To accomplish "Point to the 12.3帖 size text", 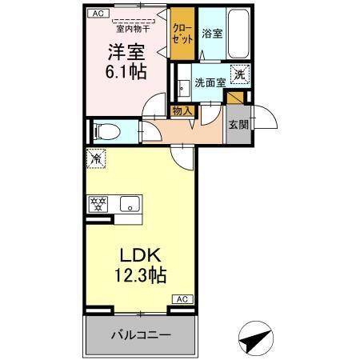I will pyautogui.click(x=142, y=277).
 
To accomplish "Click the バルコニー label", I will pyautogui.click(x=139, y=334).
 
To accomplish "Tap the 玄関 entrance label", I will pyautogui.click(x=238, y=124).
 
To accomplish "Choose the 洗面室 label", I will pyautogui.click(x=210, y=82).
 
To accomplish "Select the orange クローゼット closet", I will pyautogui.click(x=183, y=34).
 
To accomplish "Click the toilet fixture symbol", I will pyautogui.click(x=105, y=130).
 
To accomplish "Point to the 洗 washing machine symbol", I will pyautogui.click(x=239, y=76).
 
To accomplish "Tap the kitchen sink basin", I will pyautogui.click(x=128, y=205).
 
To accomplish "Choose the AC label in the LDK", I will pyautogui.click(x=181, y=298).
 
